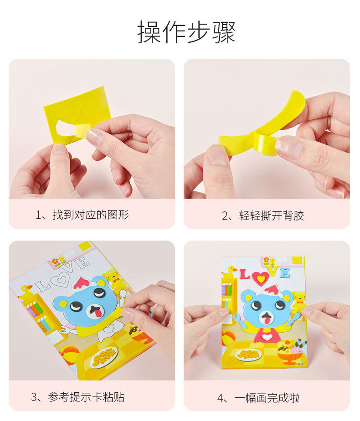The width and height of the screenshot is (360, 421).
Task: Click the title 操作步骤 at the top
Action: tap(186, 32)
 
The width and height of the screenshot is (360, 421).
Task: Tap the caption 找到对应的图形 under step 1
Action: tap(91, 215)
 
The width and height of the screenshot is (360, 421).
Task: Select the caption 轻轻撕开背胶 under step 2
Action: tap(272, 216)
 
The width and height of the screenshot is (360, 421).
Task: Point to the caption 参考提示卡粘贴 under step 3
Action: tap(86, 397)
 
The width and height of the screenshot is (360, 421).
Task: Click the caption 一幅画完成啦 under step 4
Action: tap(267, 398)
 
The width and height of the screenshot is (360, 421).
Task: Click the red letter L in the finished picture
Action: tap(245, 274)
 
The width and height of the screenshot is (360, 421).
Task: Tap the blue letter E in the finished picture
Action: tap(285, 273)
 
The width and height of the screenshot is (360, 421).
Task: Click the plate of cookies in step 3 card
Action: tap(104, 356)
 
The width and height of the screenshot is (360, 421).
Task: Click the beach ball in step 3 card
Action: tap(69, 354)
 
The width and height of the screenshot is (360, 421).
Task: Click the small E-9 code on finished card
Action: tap(301, 364)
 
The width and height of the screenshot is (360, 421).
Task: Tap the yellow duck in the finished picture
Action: tap(230, 272)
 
